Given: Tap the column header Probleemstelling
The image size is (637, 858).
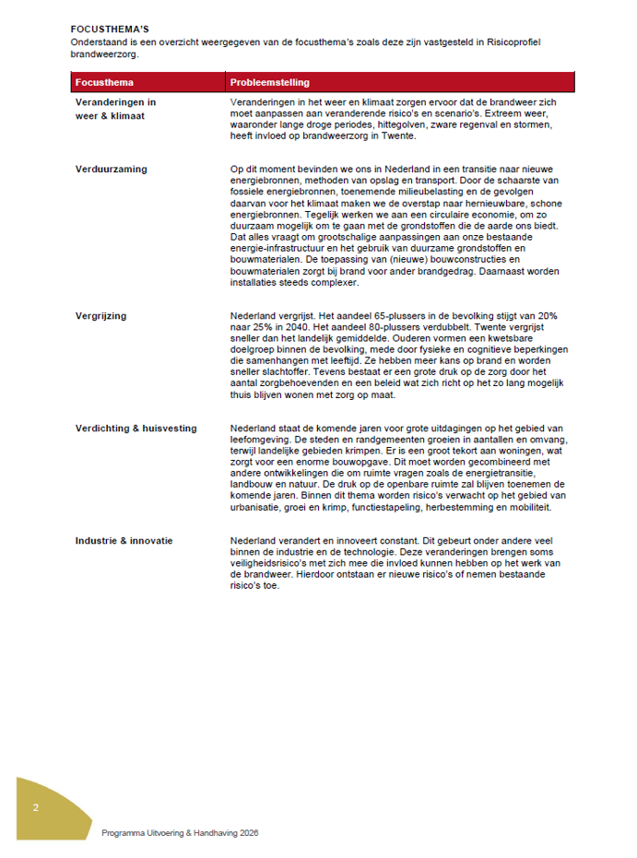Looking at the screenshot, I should click(269, 82).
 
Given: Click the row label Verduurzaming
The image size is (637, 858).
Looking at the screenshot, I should click(112, 170).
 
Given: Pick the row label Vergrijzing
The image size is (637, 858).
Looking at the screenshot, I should click(101, 316).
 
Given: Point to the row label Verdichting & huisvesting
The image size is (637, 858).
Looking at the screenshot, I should click(136, 429).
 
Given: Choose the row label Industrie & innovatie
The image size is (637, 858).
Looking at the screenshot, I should click(124, 541).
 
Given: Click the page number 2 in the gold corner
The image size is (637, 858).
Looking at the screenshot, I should click(35, 808).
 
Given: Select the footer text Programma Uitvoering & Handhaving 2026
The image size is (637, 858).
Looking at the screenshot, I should click(180, 832).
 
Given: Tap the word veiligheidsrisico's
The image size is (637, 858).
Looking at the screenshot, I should click(272, 563).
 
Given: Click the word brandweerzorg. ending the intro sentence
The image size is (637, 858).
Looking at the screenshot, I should click(103, 53).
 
